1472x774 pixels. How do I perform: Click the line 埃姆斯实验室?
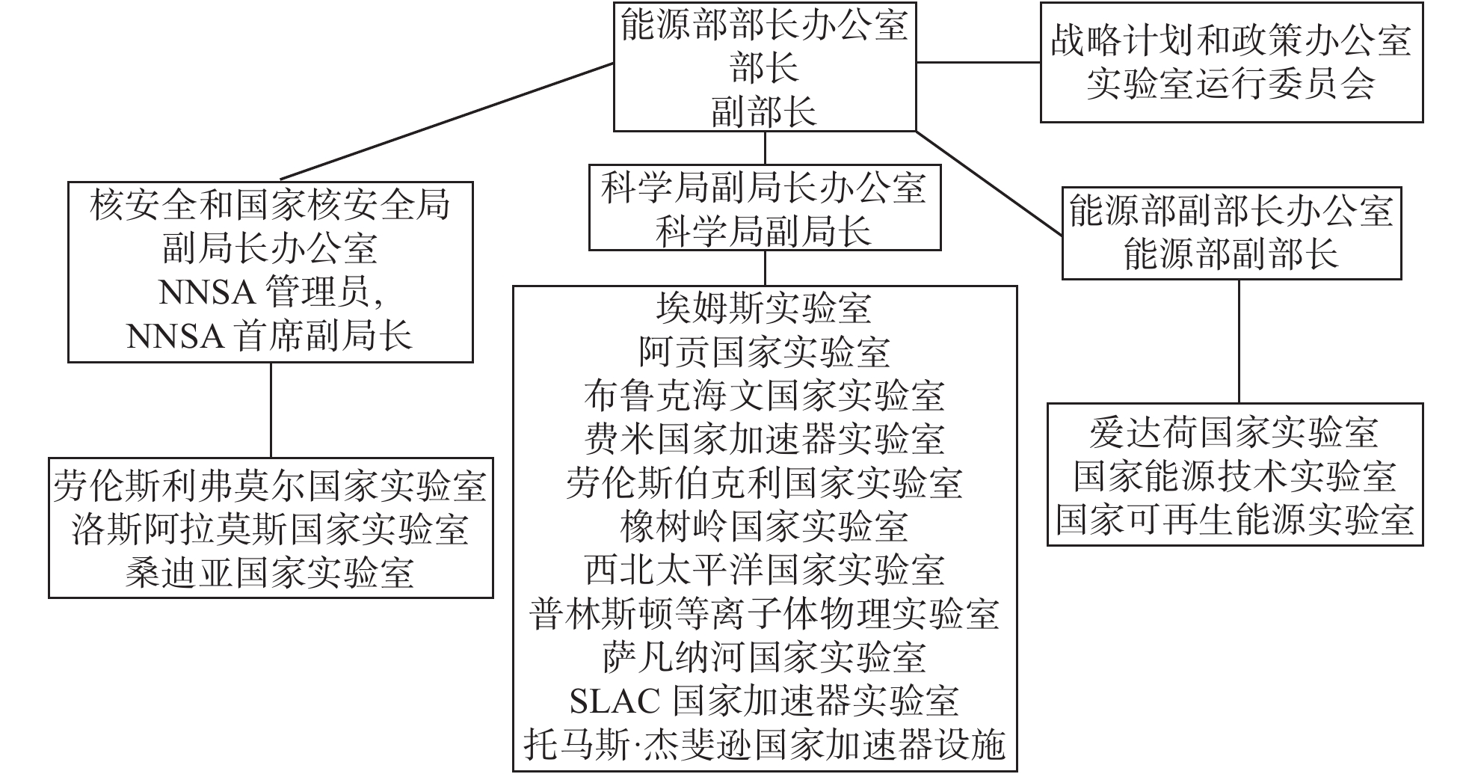pos(764,308)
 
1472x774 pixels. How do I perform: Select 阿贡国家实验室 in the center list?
pos(764,351)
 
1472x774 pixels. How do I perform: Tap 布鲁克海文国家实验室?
pos(764,396)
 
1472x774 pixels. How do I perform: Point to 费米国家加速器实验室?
pos(764,439)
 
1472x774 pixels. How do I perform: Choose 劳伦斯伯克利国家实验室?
pos(764,483)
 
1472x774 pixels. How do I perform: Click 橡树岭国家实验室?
pos(764,526)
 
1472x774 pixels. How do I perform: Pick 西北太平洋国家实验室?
pos(764,571)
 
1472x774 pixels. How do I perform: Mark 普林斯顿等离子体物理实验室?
pos(764,614)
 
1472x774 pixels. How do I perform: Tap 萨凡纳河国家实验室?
pos(764,658)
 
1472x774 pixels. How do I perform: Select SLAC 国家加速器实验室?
pos(764,701)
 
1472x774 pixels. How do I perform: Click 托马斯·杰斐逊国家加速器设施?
pos(764,745)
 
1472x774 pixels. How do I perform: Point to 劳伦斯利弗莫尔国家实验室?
pos(270,486)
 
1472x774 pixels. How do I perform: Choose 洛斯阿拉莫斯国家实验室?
pos(270,529)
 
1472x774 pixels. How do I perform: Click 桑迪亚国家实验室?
pos(270,574)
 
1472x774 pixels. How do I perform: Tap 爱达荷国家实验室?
pos(1234,432)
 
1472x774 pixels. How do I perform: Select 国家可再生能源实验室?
pos(1234,519)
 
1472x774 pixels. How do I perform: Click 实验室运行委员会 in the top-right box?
pos(1231,84)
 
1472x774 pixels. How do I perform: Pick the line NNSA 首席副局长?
pos(270,337)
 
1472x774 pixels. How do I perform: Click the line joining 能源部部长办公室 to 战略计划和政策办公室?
pos(978,63)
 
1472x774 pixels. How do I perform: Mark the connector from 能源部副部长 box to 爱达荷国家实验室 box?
pos(1239,342)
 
